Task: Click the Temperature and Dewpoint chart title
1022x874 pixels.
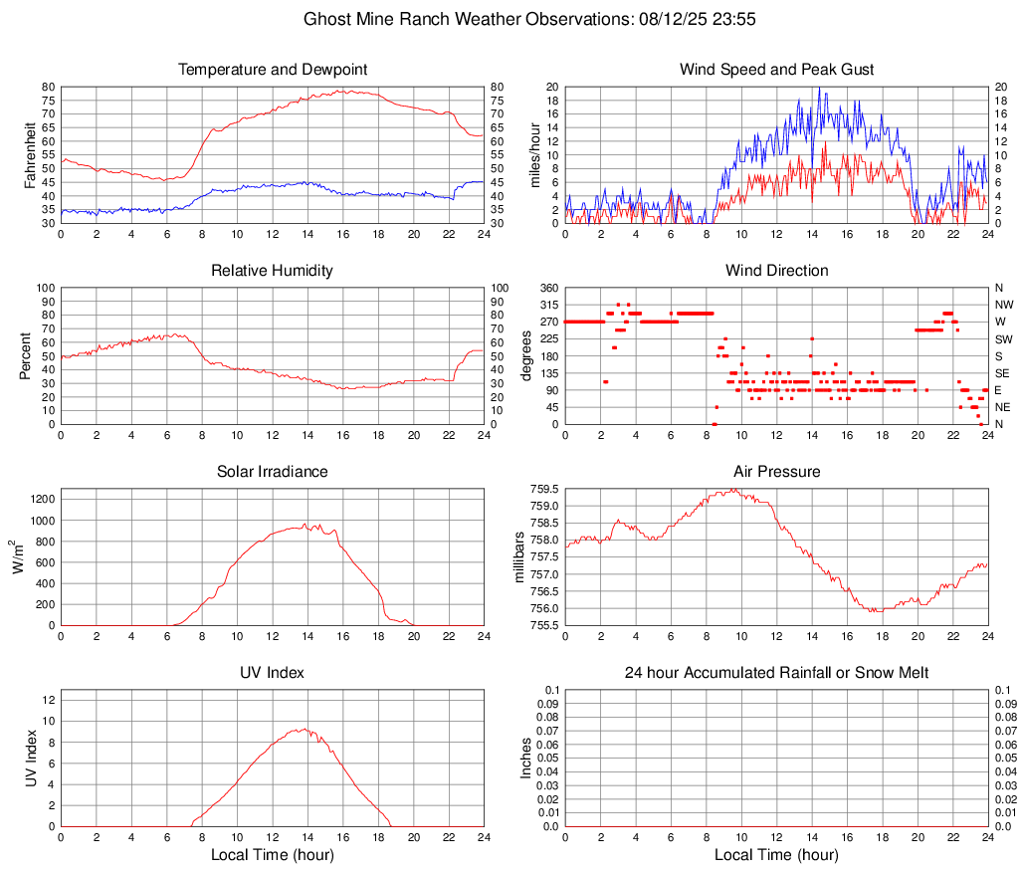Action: click(x=272, y=70)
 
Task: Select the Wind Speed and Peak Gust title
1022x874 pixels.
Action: click(x=776, y=70)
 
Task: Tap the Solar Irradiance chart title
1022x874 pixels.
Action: click(x=272, y=471)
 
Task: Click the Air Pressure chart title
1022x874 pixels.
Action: click(x=776, y=471)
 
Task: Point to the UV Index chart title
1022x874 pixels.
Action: click(x=272, y=673)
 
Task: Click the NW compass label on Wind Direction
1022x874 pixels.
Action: click(x=1003, y=305)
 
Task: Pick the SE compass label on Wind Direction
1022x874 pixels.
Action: click(x=1002, y=373)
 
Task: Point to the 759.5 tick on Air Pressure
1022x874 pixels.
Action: click(x=543, y=490)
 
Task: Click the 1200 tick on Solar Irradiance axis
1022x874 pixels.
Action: click(x=38, y=495)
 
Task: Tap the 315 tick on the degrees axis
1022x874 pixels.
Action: click(x=546, y=305)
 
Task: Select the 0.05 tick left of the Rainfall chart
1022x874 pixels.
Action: click(x=545, y=758)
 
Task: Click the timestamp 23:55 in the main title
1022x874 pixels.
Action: click(x=734, y=19)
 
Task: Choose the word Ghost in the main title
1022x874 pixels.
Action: click(x=325, y=19)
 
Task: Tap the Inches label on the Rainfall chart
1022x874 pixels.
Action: click(x=525, y=758)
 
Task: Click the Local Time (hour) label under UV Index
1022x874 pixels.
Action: click(x=272, y=855)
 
